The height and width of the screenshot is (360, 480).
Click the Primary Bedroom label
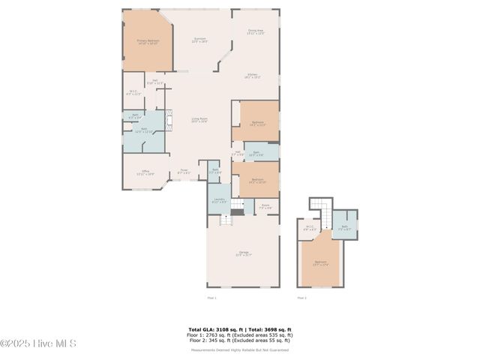pyautogui.click(x=148, y=42)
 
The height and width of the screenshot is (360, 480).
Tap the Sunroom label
pyautogui.click(x=199, y=40)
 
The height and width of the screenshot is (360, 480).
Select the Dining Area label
pyautogui.click(x=256, y=33)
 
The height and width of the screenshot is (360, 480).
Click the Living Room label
pyautogui.click(x=199, y=120)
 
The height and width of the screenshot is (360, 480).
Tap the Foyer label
pyautogui.click(x=184, y=172)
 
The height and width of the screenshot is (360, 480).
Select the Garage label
pyautogui.click(x=243, y=253)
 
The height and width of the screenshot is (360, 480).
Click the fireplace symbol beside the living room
pyautogui.click(x=169, y=121)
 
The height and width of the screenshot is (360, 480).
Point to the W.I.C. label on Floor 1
pyautogui.click(x=133, y=93)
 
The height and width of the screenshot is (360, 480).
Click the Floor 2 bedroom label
pyautogui.click(x=320, y=264)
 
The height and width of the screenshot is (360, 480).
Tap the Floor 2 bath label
pyautogui.click(x=344, y=228)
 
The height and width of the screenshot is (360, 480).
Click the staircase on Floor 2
pyautogui.click(x=321, y=207)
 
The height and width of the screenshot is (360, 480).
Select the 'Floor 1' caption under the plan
pyautogui.click(x=211, y=298)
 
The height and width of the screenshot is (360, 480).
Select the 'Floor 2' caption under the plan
pyautogui.click(x=301, y=298)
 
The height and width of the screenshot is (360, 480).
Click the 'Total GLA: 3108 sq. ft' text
pyautogui.click(x=212, y=328)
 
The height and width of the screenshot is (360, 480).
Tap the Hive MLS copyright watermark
pyautogui.click(x=38, y=344)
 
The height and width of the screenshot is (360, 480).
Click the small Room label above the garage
pyautogui.click(x=265, y=206)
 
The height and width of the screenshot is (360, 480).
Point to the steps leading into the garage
pyautogui.click(x=223, y=220)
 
